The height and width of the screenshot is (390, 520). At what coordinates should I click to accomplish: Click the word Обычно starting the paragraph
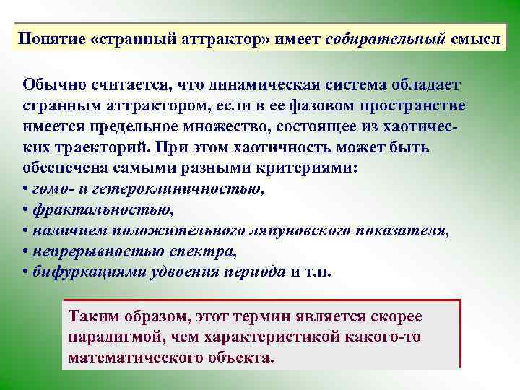[50, 85]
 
